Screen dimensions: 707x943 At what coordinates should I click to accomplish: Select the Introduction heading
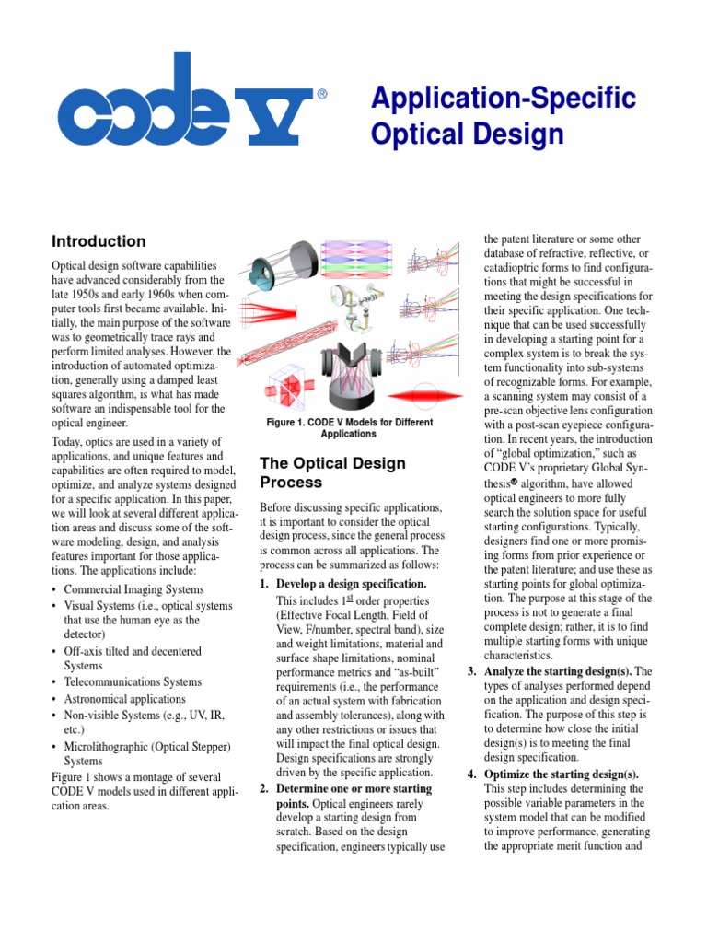[99, 241]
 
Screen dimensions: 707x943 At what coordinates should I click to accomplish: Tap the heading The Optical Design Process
[332, 472]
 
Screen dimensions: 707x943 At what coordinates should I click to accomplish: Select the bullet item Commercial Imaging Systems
[134, 589]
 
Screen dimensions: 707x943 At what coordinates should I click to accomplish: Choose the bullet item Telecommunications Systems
[133, 682]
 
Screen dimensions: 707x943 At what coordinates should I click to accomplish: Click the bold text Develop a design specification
[351, 585]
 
